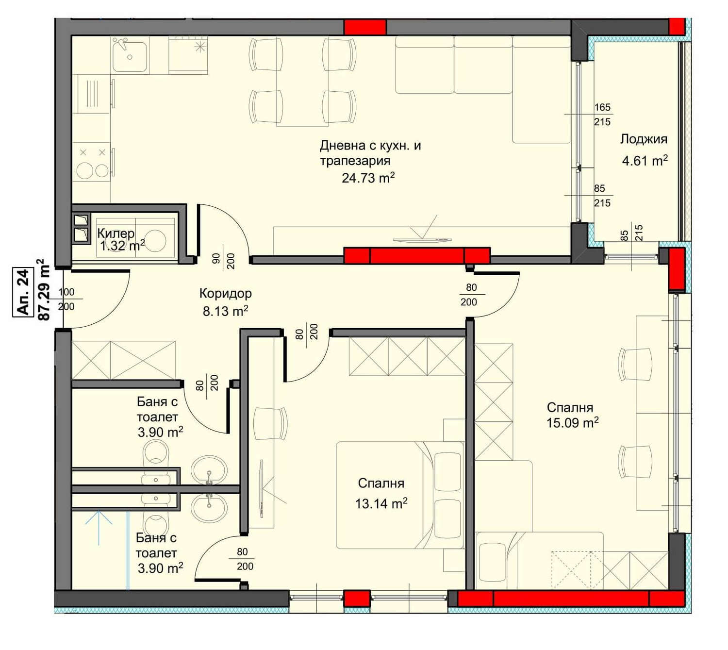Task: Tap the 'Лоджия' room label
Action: (644, 139)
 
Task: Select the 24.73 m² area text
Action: (368, 178)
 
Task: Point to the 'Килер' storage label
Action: (116, 233)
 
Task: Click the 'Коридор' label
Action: (225, 293)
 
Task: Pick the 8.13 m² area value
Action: (225, 311)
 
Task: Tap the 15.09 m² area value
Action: (572, 422)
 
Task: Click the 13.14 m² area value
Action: (381, 503)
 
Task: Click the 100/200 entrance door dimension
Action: (66, 299)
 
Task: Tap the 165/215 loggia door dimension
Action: (602, 115)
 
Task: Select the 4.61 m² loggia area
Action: (645, 160)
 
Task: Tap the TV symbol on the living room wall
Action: (422, 239)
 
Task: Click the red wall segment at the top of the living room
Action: (365, 27)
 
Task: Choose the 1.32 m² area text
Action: (122, 246)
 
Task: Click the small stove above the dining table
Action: (188, 56)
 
